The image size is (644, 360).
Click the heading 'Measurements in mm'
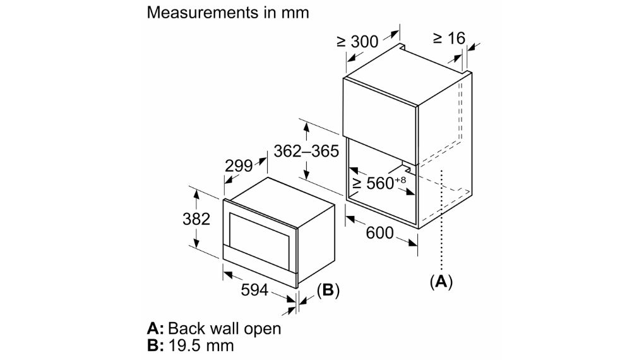(228, 13)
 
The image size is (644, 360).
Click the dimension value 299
(239, 165)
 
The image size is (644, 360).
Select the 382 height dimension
(196, 220)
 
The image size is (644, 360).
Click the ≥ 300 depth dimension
(357, 42)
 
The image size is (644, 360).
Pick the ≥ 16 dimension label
(449, 39)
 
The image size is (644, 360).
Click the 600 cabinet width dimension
(380, 233)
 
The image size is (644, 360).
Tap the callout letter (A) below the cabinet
(441, 282)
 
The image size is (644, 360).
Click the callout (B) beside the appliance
(328, 291)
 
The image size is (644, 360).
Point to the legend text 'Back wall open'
(225, 329)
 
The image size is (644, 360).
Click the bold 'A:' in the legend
(155, 329)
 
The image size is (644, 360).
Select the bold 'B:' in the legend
(155, 345)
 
